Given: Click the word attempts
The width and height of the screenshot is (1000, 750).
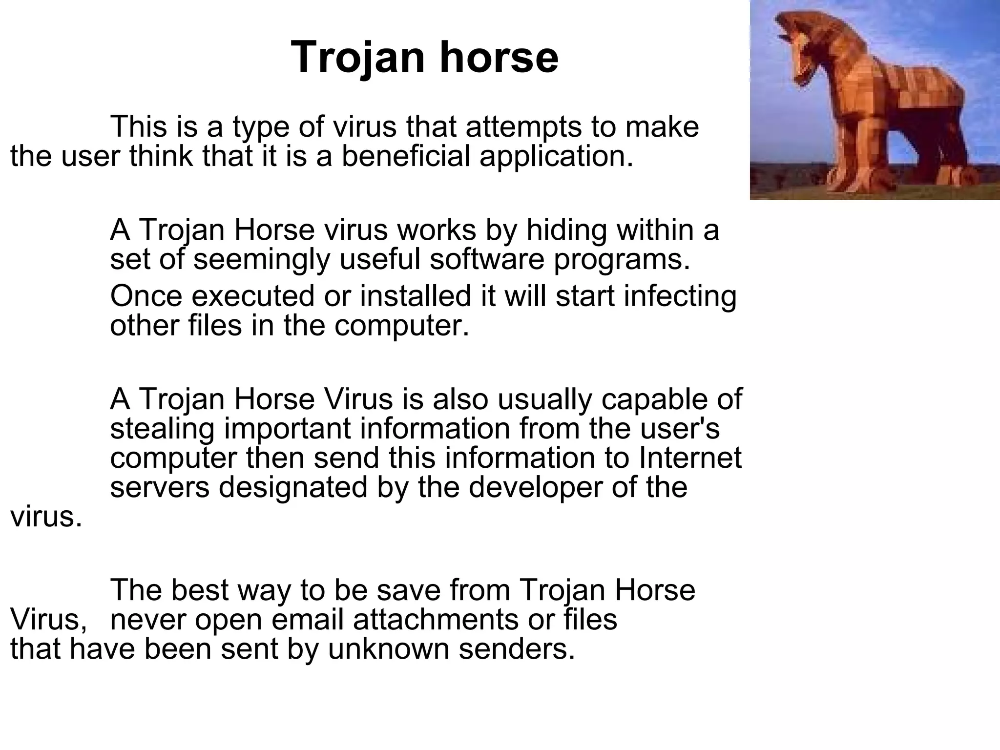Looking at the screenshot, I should point(523,127).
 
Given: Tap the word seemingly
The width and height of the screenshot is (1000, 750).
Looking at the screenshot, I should point(262,260).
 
